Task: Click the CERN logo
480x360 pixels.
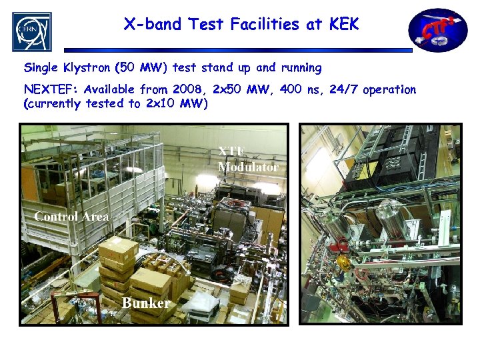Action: (x=31, y=31)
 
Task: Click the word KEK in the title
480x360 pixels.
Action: (x=344, y=25)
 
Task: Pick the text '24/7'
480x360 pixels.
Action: (x=344, y=89)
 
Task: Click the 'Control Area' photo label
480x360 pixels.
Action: (x=71, y=217)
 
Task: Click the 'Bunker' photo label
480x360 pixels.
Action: (x=145, y=303)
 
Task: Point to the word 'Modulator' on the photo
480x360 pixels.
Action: (x=248, y=167)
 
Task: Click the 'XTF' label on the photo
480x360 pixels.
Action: (x=231, y=153)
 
